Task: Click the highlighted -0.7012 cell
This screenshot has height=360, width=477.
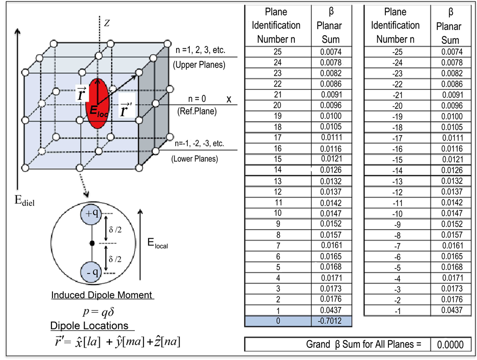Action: (331, 321)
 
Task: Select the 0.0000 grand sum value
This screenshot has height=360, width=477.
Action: (451, 345)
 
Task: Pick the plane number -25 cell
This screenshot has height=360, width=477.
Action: (396, 51)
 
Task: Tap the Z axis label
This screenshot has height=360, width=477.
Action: (107, 22)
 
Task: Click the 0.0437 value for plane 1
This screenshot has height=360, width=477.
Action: (331, 310)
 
